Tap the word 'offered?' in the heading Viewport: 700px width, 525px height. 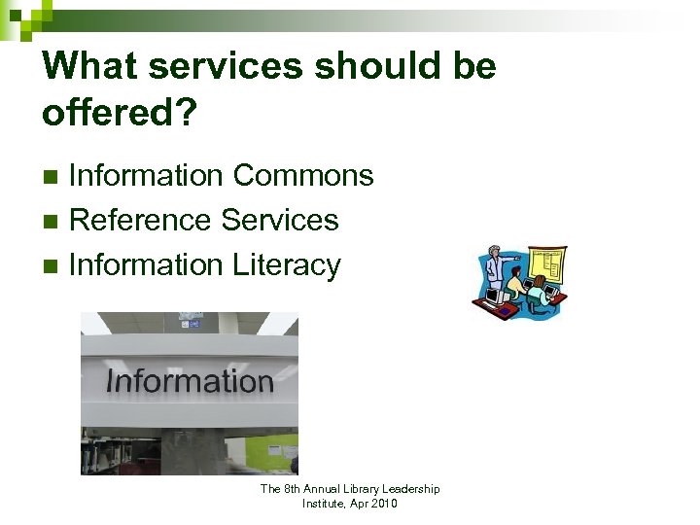point(119,114)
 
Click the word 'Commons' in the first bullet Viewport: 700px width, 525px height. point(303,176)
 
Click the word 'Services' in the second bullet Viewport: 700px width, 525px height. point(280,221)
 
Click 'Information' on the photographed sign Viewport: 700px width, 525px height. point(189,381)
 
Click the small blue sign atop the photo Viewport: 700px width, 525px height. point(190,321)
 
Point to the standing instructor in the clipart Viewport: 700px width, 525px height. point(495,267)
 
